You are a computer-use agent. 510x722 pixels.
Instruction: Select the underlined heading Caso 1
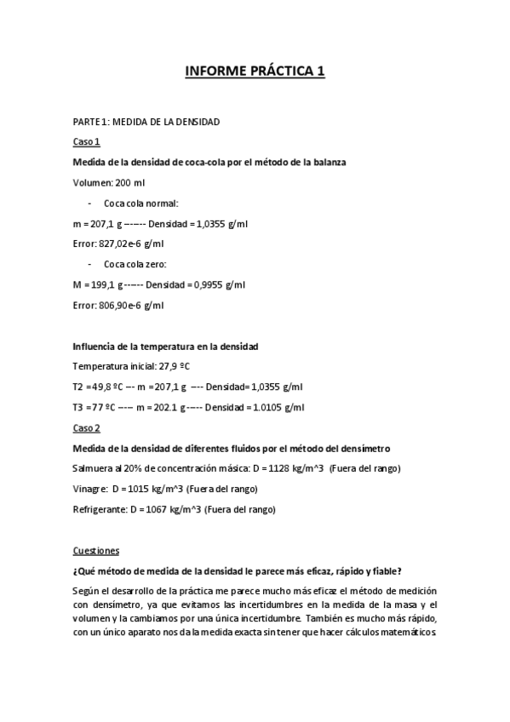click(86, 141)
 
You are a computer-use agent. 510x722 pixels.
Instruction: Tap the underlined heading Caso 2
click(86, 427)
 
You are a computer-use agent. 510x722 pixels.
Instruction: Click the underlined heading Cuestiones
click(96, 550)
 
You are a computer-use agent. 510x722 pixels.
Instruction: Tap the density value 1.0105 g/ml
click(275, 407)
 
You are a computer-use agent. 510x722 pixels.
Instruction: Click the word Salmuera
click(94, 468)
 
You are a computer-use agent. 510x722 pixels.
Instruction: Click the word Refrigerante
click(99, 509)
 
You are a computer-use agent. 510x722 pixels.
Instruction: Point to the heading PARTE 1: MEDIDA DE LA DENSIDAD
click(146, 122)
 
